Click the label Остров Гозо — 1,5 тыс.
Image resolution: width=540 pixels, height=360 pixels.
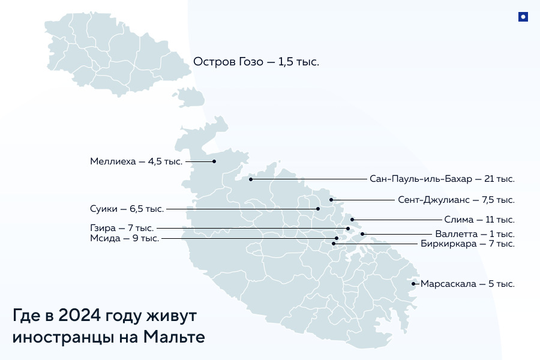pyautogui.click(x=256, y=62)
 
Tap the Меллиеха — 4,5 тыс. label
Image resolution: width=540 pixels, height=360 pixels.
pyautogui.click(x=136, y=161)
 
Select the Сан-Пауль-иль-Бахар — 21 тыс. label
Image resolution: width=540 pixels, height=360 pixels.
pyautogui.click(x=442, y=179)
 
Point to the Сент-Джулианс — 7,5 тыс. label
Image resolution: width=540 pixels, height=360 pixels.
pyautogui.click(x=456, y=200)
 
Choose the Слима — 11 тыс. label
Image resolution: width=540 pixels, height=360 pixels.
pyautogui.click(x=479, y=220)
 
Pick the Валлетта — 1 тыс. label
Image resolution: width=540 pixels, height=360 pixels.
pyautogui.click(x=475, y=234)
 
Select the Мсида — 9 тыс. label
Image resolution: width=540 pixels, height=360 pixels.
pyautogui.click(x=124, y=239)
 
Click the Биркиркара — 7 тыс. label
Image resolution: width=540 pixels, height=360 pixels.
pyautogui.click(x=468, y=244)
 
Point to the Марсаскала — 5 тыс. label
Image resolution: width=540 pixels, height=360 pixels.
pyautogui.click(x=467, y=284)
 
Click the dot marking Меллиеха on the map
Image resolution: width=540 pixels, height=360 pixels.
pyautogui.click(x=214, y=161)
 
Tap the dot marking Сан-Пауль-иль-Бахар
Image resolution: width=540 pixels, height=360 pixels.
pyautogui.click(x=251, y=179)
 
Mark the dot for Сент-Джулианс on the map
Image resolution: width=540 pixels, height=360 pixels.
pyautogui.click(x=331, y=200)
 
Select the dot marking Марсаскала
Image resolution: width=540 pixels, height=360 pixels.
pyautogui.click(x=413, y=284)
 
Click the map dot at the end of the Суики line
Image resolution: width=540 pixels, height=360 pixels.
pyautogui.click(x=319, y=209)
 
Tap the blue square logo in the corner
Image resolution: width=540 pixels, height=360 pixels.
pyautogui.click(x=523, y=17)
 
